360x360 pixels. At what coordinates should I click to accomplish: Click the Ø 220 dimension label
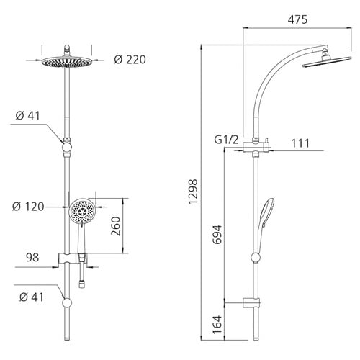tap(130, 60)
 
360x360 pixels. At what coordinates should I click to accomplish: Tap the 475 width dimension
tap(297, 19)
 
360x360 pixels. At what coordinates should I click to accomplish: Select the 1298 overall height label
tap(193, 192)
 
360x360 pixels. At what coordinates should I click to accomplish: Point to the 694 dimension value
tap(217, 235)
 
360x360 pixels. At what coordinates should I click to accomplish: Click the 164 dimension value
tap(217, 325)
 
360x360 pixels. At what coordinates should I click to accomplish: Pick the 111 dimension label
tap(300, 143)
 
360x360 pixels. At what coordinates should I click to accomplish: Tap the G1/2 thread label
tap(226, 140)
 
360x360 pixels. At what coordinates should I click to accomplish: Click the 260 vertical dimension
tap(116, 226)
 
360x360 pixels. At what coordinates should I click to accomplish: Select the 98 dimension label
tap(32, 257)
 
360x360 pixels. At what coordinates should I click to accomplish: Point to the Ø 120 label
tap(28, 207)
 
